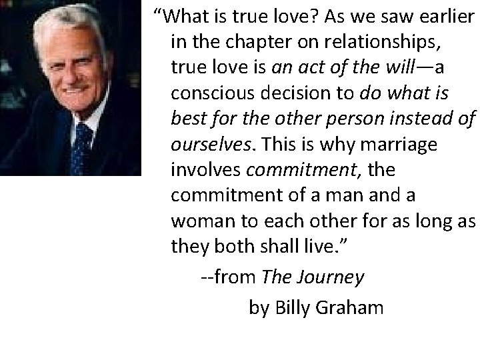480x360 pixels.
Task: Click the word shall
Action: coord(291,247)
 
